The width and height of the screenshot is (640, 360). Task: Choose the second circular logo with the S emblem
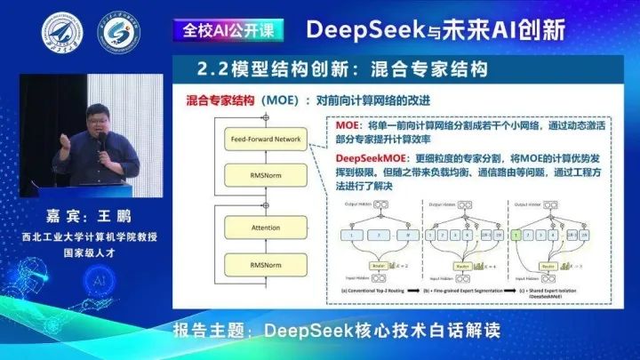tap(118, 32)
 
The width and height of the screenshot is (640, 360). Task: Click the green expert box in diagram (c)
tap(516, 236)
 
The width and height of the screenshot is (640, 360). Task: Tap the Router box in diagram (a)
tap(381, 265)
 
